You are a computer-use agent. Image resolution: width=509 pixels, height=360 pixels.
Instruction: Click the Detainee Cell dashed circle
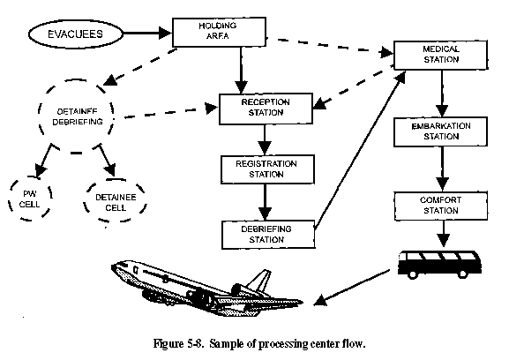tap(85, 200)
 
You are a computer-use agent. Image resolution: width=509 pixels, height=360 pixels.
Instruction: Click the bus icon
tap(440, 264)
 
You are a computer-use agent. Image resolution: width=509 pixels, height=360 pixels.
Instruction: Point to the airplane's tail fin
tap(259, 280)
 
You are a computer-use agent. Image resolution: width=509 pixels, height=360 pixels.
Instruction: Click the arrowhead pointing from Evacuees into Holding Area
tap(165, 33)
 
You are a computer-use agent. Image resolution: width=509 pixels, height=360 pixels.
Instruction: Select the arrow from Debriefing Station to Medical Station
tap(360, 150)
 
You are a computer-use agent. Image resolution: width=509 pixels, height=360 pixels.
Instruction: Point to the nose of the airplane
tap(113, 266)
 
